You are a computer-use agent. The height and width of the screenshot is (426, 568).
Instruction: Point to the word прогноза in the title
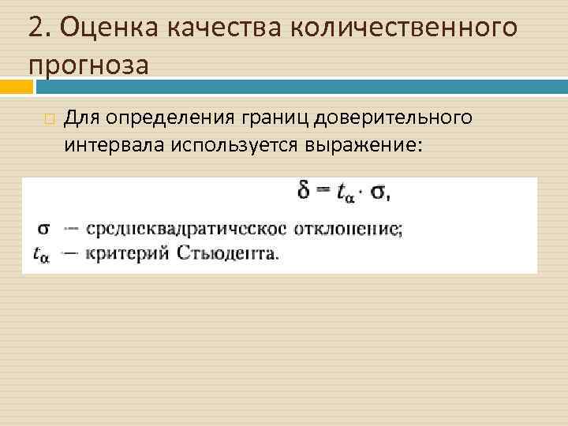(x=88, y=65)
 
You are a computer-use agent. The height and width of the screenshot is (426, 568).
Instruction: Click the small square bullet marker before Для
(x=50, y=120)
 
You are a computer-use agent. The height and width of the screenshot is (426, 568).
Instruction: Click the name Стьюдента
(x=226, y=253)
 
